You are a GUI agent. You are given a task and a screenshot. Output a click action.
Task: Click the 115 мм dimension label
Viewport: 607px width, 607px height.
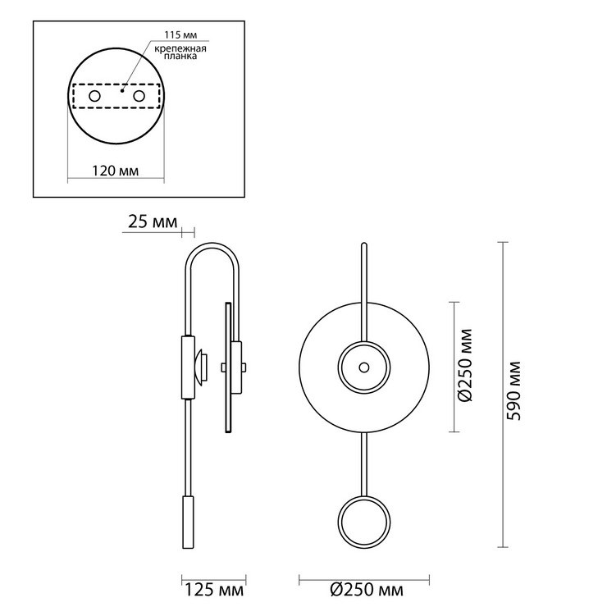[x=180, y=34]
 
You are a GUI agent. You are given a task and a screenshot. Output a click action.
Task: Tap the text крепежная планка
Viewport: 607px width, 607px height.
[x=180, y=52]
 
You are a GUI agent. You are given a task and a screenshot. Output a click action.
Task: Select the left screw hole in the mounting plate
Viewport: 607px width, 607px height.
[x=94, y=96]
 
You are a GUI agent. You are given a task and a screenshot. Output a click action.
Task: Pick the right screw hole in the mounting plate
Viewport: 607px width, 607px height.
[x=139, y=96]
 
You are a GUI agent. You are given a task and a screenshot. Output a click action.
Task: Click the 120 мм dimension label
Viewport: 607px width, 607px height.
[x=115, y=171]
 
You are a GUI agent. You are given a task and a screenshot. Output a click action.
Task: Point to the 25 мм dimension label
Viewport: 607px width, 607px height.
[x=153, y=221]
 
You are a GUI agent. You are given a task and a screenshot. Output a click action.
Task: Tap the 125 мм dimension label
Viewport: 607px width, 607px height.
[x=214, y=590]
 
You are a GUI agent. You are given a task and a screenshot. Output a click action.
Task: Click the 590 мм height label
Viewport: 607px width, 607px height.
[x=514, y=390]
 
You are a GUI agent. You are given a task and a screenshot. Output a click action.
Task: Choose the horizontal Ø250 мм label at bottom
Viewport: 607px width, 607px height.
[x=367, y=590]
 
